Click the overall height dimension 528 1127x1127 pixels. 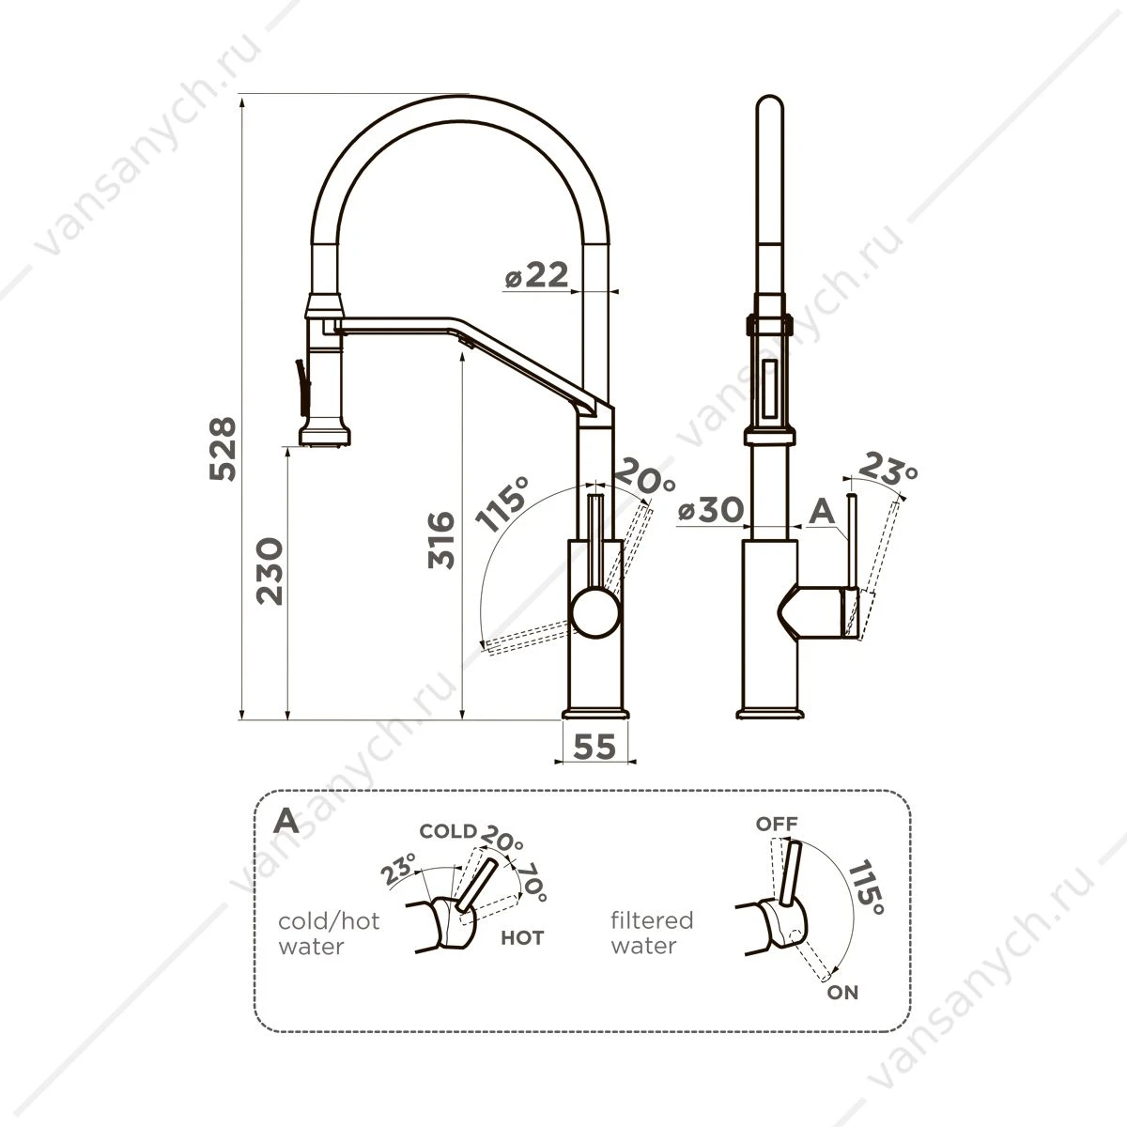point(223,449)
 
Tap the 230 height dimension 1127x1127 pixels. point(270,571)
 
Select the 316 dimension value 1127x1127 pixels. point(441,540)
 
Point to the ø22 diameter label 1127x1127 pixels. point(536,275)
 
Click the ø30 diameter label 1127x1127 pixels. point(711,509)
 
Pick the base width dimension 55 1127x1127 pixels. point(594,747)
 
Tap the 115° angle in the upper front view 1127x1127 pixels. point(502,503)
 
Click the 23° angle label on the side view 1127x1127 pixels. point(888,468)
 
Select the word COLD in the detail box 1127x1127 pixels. point(448,831)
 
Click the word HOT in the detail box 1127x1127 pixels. point(522,937)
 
